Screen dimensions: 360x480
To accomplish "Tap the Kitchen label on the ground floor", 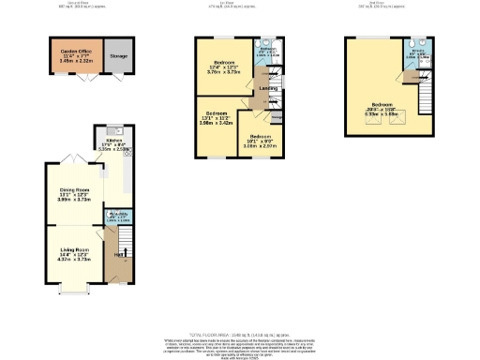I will [113, 144].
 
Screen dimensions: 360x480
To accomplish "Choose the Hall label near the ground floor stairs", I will [119, 255].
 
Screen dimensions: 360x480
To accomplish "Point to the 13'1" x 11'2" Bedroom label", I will [215, 118].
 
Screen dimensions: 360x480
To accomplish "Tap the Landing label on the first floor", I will [268, 89].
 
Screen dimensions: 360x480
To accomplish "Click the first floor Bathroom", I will [268, 54].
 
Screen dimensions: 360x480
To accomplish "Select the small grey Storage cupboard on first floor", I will [277, 118].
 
